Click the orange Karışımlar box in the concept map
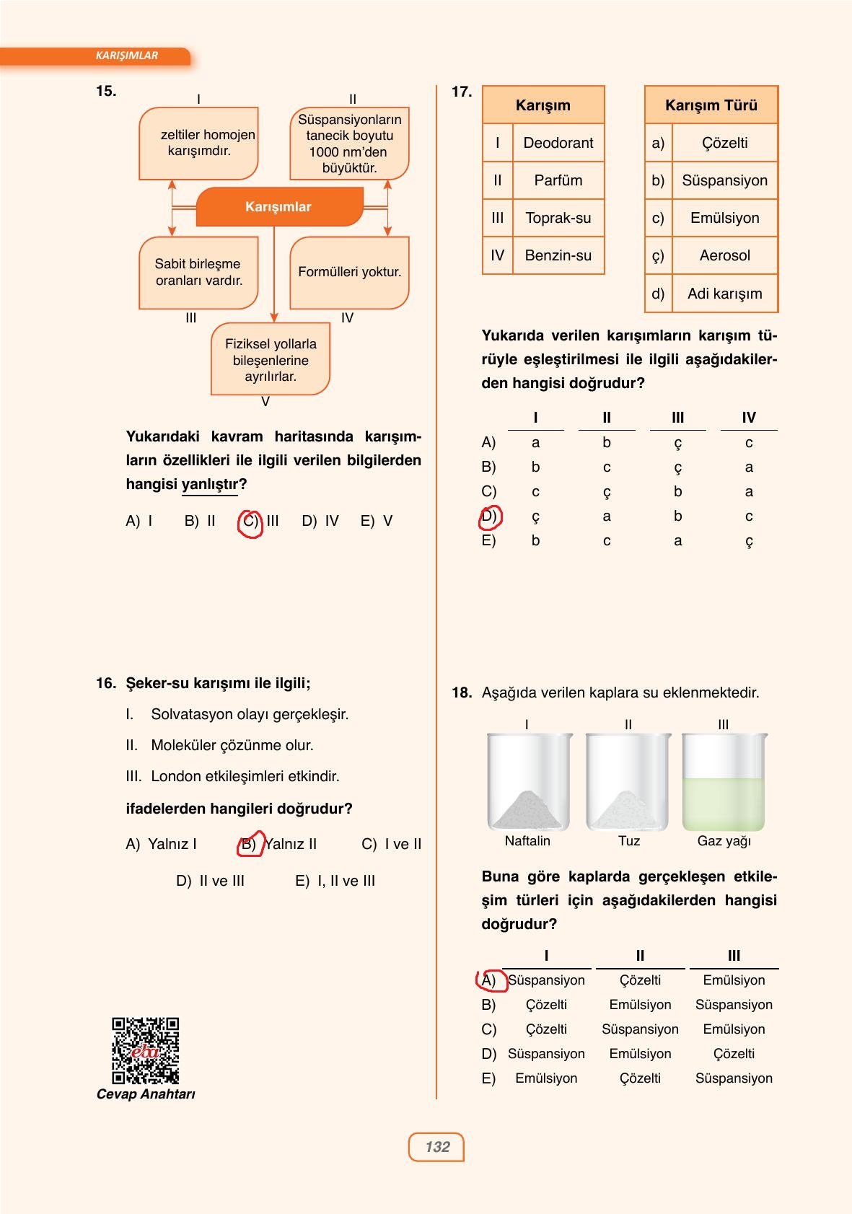coord(278,207)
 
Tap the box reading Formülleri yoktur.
coord(349,273)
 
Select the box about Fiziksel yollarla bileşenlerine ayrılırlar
coord(271,360)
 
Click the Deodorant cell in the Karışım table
coord(558,143)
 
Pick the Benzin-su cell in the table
coord(558,255)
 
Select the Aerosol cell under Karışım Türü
coord(724,255)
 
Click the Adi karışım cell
coord(724,294)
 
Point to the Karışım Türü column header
coord(711,105)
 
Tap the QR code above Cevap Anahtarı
coord(145,1050)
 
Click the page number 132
coord(436,1146)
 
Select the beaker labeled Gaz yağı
coord(724,783)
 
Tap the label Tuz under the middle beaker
coord(628,841)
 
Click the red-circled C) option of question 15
coord(250,522)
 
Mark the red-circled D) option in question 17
coord(489,516)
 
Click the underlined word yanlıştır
coord(209,484)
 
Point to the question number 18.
coord(461,693)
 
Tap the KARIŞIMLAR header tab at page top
coord(127,56)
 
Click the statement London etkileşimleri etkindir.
coord(245,777)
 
